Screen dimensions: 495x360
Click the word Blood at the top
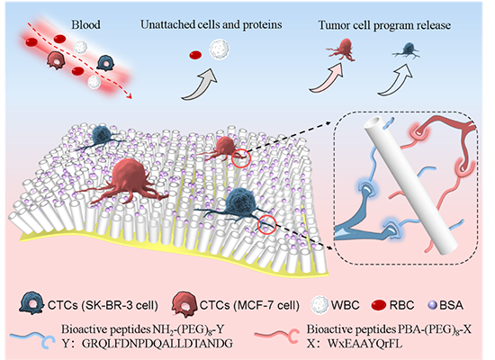85,24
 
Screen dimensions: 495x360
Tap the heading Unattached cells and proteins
211,25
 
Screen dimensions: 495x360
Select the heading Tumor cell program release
384,25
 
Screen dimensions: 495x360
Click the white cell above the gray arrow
219,49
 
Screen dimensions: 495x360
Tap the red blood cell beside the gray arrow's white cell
195,55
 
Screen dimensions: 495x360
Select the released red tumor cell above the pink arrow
342,49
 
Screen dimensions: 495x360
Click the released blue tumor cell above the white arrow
407,50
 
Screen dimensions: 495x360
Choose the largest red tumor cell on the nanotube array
125,182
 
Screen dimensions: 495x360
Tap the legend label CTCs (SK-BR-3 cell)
103,305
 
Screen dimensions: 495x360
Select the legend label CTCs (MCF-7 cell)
249,305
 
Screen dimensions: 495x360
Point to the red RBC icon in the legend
379,305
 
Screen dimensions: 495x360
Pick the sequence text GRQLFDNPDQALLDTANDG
157,344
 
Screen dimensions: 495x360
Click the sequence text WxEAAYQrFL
364,344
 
